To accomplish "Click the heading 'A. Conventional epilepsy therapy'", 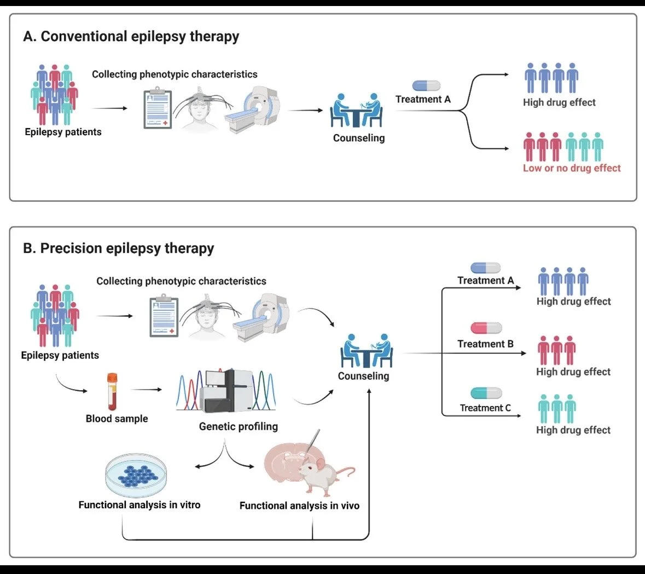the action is tap(131, 37).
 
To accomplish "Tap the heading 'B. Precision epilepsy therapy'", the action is tap(119, 248).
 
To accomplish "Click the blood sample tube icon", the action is tap(112, 392).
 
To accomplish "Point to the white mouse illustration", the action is tap(325, 474).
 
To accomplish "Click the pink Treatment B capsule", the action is tap(486, 328).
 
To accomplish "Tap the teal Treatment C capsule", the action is tap(486, 393).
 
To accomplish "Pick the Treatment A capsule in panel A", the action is tap(426, 85).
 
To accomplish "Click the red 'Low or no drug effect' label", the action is tap(572, 169).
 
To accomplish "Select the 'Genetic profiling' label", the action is tap(239, 427).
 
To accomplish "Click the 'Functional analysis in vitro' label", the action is tap(140, 505).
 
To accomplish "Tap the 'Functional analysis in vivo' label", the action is tap(299, 506).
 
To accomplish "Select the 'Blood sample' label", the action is tap(117, 419).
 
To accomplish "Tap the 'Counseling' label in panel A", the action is tap(359, 138).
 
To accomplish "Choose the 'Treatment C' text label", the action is tap(485, 408).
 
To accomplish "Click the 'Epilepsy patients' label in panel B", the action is tap(60, 356).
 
